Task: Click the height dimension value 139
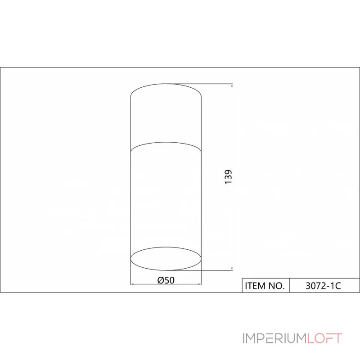click(228, 177)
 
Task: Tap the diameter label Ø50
click(166, 280)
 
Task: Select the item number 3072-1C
click(323, 286)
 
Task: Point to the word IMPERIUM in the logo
click(275, 338)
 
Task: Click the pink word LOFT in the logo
click(324, 338)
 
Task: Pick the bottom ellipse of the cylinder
click(166, 270)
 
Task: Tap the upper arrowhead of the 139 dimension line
click(232, 85)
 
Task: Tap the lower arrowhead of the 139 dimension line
click(232, 268)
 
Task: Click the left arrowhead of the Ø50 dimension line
click(132, 284)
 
